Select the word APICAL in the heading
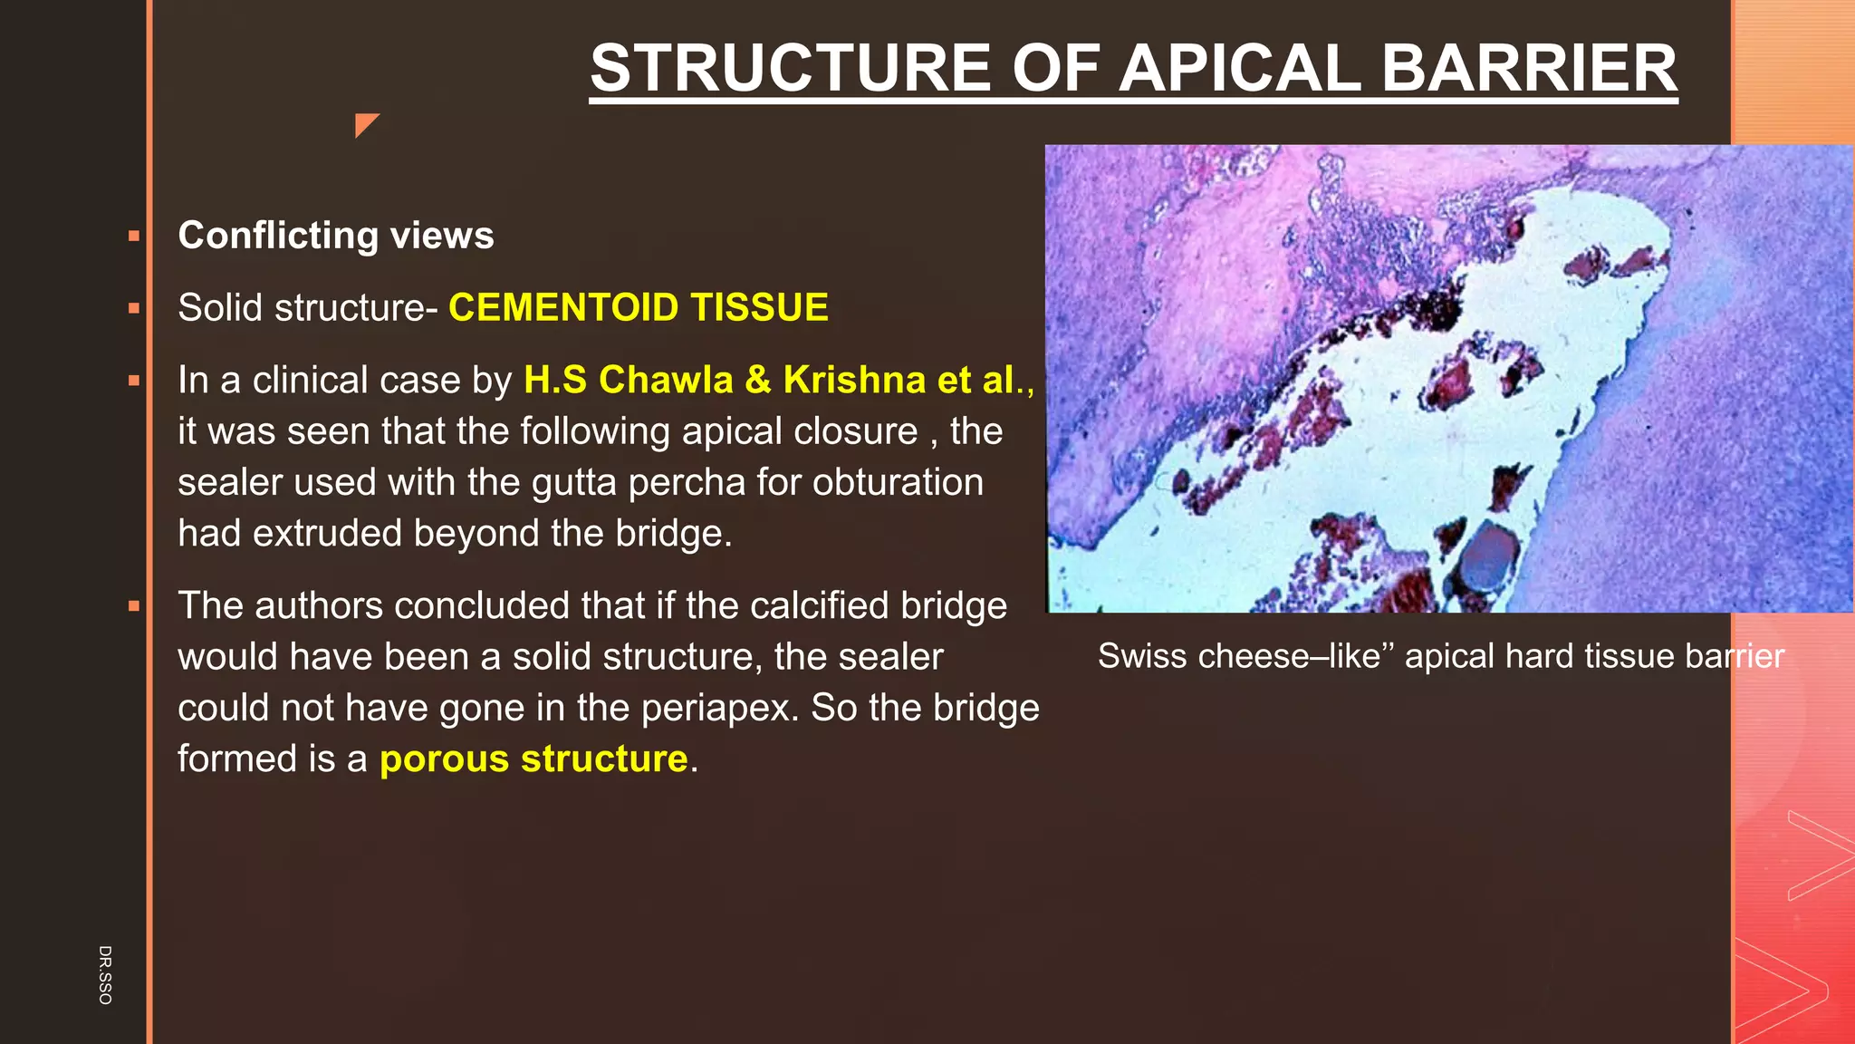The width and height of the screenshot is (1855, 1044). [x=1240, y=69]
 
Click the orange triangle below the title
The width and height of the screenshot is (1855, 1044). [x=365, y=124]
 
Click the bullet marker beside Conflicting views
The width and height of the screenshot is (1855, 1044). [x=134, y=237]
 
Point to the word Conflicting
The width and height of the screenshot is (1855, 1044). [x=278, y=236]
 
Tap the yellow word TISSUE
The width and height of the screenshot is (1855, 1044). [x=759, y=307]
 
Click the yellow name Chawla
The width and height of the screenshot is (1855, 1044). [x=665, y=380]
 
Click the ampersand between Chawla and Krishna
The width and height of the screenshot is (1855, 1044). [x=758, y=380]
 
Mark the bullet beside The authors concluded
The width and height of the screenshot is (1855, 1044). [x=134, y=606]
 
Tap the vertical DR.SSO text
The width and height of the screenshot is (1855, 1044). [x=105, y=974]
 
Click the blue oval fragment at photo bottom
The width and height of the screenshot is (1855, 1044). [x=1488, y=558]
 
